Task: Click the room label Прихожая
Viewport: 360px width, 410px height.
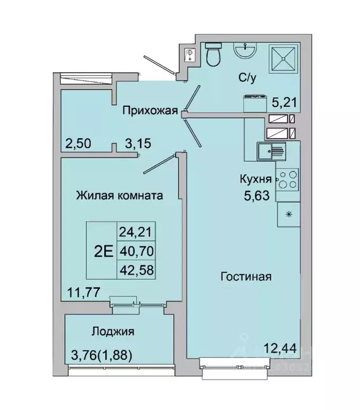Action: click(x=150, y=111)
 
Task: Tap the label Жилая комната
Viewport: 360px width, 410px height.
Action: click(x=119, y=195)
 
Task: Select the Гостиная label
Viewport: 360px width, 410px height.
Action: click(x=246, y=277)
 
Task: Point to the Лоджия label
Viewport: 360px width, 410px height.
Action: click(x=112, y=331)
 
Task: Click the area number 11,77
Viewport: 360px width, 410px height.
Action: click(x=81, y=291)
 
